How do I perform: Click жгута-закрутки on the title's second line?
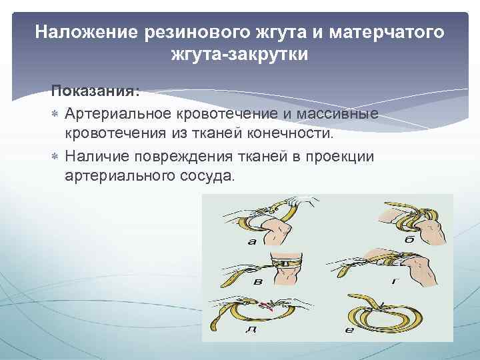[x=239, y=55]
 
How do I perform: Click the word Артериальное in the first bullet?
[x=120, y=114]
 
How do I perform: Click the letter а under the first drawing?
[x=252, y=241]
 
